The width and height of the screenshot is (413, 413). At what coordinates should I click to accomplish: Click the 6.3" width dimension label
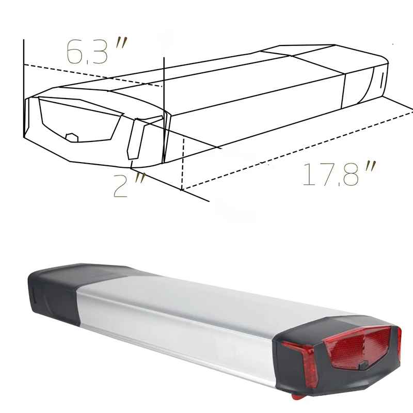[x=97, y=51]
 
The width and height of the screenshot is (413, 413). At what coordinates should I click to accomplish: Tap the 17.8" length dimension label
[x=339, y=173]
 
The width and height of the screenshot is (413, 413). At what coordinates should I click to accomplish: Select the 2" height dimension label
[x=129, y=185]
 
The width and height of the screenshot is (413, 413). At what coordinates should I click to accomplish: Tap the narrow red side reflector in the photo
[x=300, y=363]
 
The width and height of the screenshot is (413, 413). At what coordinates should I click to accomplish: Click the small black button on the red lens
[x=364, y=366]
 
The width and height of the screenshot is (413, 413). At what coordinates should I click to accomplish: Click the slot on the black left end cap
[x=34, y=296]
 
